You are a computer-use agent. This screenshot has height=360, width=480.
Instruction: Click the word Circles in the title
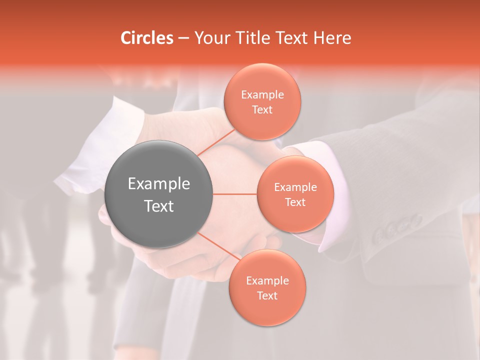[x=147, y=38]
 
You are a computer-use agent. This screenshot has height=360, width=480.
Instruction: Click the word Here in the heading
[x=332, y=38]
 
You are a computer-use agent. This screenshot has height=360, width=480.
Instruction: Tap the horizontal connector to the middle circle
[x=234, y=194]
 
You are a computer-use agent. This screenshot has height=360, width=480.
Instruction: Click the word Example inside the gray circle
[x=159, y=184]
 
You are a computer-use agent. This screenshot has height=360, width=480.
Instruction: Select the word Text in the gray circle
[x=159, y=206]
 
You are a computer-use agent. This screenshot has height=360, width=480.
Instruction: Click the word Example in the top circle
[x=262, y=95]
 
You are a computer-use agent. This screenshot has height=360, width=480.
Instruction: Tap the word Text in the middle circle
[x=295, y=202]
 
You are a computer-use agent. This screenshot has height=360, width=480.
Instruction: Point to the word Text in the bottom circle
[x=267, y=296]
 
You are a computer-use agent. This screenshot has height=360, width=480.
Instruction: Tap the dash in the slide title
[x=183, y=38]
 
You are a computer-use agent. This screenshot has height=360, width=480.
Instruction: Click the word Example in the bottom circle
[x=267, y=281]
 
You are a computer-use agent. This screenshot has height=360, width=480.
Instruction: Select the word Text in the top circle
[x=262, y=110]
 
